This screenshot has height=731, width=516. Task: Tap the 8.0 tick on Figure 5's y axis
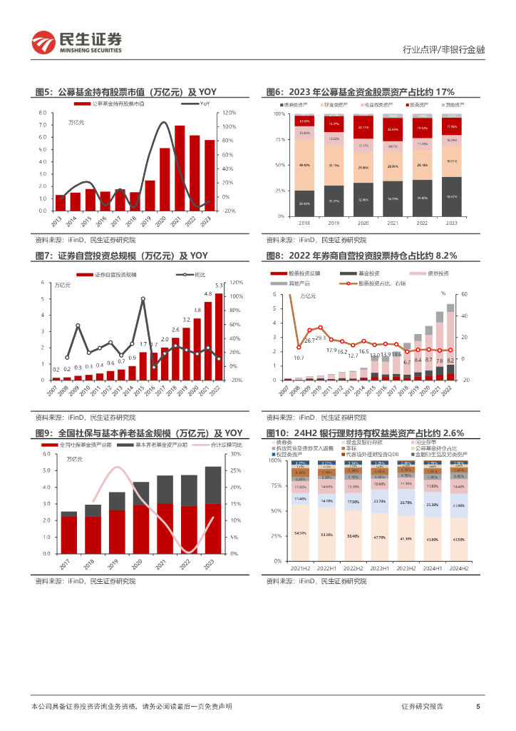42,114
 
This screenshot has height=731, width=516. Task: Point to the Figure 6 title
360,92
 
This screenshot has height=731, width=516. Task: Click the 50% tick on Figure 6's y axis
279,165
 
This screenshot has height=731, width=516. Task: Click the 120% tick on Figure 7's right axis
238,282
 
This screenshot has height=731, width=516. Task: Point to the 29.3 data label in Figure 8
320,338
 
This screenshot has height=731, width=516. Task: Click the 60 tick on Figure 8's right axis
465,294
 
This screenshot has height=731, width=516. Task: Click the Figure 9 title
139,433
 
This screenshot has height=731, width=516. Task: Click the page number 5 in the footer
478,707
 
